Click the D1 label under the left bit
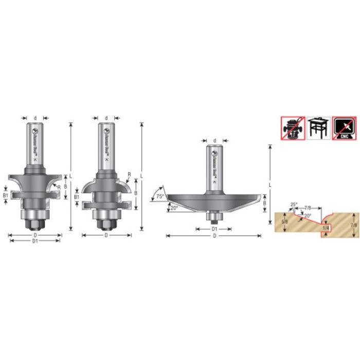click(x=35, y=241)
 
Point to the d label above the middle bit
click(x=106, y=118)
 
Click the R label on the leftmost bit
click(x=60, y=186)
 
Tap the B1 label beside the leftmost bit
click(x=6, y=195)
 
